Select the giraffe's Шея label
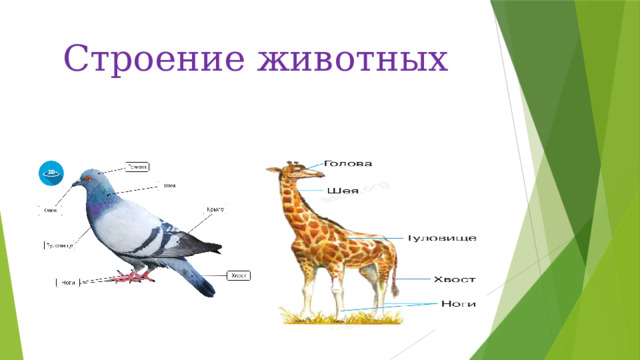342,190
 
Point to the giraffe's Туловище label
441,238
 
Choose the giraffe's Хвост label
453,279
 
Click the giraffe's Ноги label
456,304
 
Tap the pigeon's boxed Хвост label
238,275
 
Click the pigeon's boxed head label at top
138,167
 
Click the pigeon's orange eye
86,179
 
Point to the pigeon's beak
76,184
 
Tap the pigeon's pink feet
130,276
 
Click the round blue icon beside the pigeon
51,172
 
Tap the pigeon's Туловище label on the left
61,244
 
